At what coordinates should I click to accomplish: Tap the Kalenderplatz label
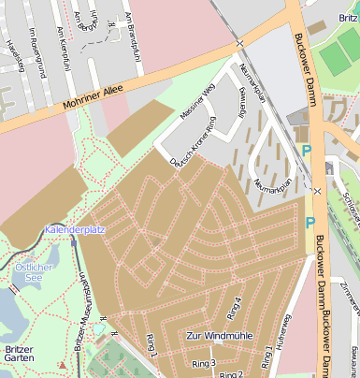75,229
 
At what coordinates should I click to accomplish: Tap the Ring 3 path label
204,363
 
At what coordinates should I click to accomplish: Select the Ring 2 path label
231,374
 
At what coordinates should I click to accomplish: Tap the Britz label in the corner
347,19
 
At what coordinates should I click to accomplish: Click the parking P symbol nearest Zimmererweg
310,223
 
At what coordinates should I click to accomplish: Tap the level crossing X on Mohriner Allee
240,43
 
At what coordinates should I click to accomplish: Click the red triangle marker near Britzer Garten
61,364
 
